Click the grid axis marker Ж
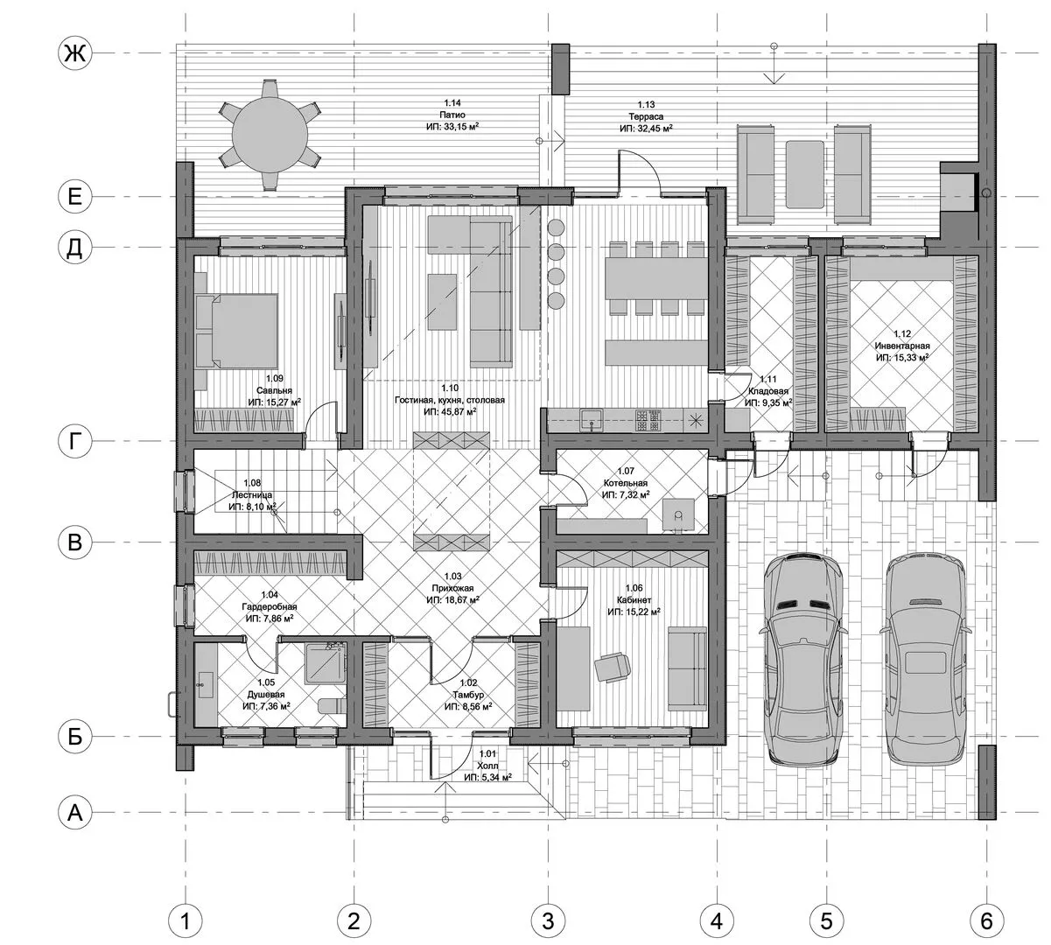[74, 52]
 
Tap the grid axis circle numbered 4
[717, 920]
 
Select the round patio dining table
[270, 134]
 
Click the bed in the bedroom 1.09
[237, 330]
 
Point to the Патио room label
[452, 115]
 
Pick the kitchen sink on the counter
[592, 419]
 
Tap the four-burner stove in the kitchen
[648, 419]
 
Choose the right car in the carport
[926, 662]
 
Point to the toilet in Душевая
[333, 705]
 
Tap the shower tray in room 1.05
[325, 662]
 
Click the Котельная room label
[625, 483]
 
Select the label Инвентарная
[901, 346]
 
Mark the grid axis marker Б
[74, 737]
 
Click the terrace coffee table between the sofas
[804, 174]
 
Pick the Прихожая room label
[452, 588]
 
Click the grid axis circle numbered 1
[185, 920]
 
